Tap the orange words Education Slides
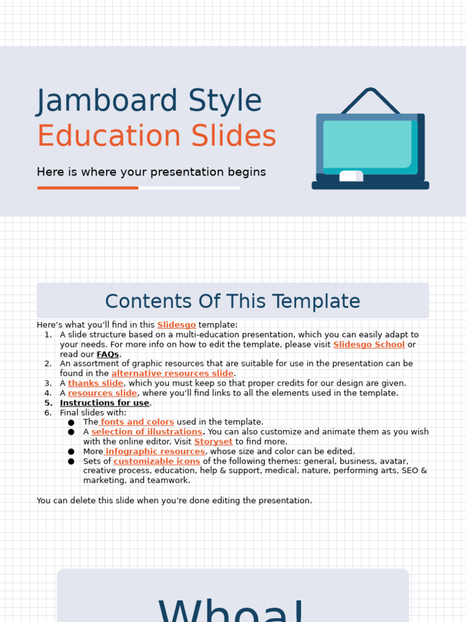[157, 137]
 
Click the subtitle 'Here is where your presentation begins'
[151, 172]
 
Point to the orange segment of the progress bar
[87, 188]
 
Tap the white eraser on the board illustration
[351, 176]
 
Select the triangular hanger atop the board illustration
[370, 100]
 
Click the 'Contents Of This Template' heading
[232, 301]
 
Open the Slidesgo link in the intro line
[177, 325]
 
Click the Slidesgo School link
[369, 344]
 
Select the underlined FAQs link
[108, 354]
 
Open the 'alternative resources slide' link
[172, 374]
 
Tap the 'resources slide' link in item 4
[103, 393]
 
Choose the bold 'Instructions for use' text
[104, 403]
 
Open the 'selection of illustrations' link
[147, 432]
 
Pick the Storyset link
[214, 442]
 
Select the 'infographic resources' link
[155, 451]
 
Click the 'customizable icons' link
[157, 461]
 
